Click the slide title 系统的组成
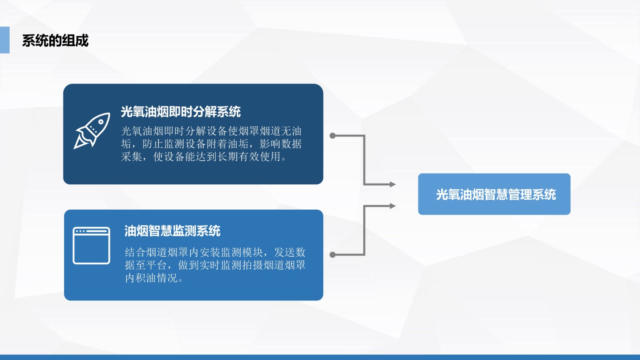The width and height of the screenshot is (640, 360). tap(55, 40)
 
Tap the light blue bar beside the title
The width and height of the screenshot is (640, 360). tap(4, 40)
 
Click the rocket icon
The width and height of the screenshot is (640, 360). tap(92, 130)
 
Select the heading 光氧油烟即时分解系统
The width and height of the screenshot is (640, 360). tap(180, 112)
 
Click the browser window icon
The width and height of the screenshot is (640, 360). tap(92, 246)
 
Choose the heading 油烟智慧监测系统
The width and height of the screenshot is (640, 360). tap(172, 231)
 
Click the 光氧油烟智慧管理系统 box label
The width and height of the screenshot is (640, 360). tap(496, 194)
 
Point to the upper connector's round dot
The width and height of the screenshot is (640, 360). tap(332, 136)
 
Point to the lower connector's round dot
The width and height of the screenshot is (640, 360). tap(332, 254)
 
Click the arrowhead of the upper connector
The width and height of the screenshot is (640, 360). tap(392, 184)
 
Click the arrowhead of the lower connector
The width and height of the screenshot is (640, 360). tap(392, 206)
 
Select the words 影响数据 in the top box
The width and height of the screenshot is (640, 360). tap(280, 144)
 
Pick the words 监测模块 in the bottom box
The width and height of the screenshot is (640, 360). tap(242, 252)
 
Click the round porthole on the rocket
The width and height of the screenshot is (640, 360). tap(100, 122)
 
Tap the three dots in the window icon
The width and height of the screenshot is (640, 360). tap(80, 231)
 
